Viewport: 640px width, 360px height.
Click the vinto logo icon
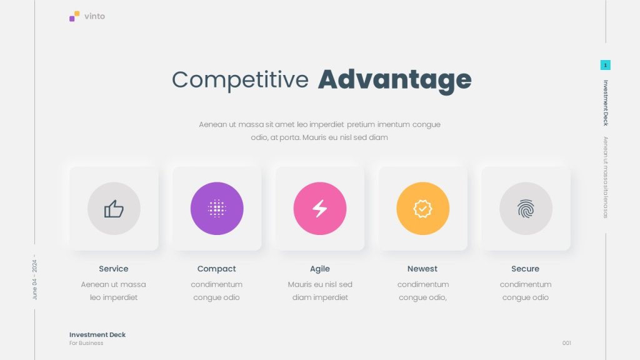[74, 16]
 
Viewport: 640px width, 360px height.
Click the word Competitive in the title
[240, 80]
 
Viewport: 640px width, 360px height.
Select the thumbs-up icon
[114, 209]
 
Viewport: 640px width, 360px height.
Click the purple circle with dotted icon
[217, 209]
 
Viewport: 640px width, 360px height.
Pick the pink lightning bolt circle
[319, 209]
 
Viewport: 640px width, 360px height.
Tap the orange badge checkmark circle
[423, 209]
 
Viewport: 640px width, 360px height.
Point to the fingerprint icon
[526, 209]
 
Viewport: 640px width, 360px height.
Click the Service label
[114, 269]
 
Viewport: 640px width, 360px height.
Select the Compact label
[216, 269]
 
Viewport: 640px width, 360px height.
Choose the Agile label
[319, 269]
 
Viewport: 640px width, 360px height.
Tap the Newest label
[422, 269]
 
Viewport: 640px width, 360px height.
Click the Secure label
[525, 269]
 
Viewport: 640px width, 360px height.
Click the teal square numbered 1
[605, 65]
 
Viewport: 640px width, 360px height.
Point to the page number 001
[566, 343]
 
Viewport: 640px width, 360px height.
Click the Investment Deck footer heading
[97, 335]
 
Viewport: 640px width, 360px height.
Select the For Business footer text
[86, 343]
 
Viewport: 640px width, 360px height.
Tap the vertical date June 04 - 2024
[35, 277]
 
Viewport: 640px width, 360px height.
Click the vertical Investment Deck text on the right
[606, 103]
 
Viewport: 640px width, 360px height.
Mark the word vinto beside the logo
[95, 16]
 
